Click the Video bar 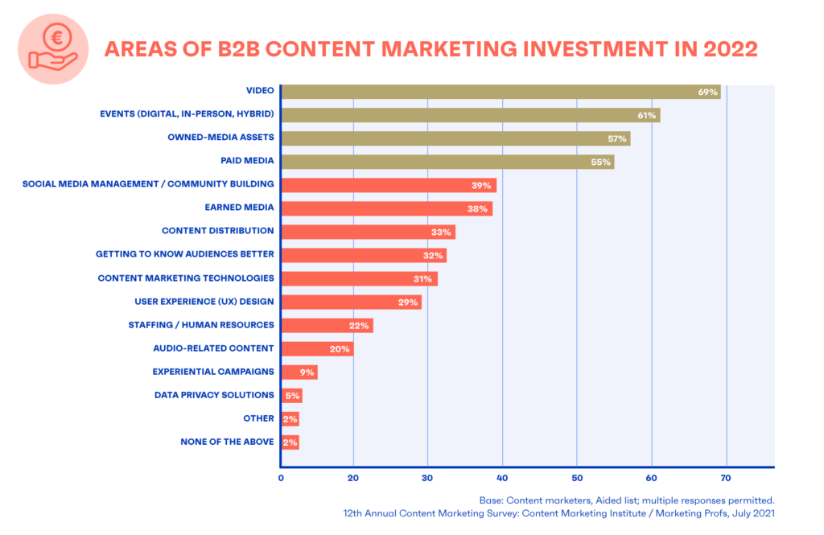pyautogui.click(x=499, y=92)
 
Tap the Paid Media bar pyautogui.click(x=447, y=162)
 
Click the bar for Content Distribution pyautogui.click(x=368, y=232)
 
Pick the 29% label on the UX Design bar pyautogui.click(x=407, y=302)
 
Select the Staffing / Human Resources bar pyautogui.click(x=327, y=326)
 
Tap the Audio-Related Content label pyautogui.click(x=213, y=348)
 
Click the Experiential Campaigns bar pyautogui.click(x=299, y=372)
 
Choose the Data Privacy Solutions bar pyautogui.click(x=291, y=395)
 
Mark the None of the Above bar pyautogui.click(x=290, y=442)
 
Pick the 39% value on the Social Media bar pyautogui.click(x=482, y=185)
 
